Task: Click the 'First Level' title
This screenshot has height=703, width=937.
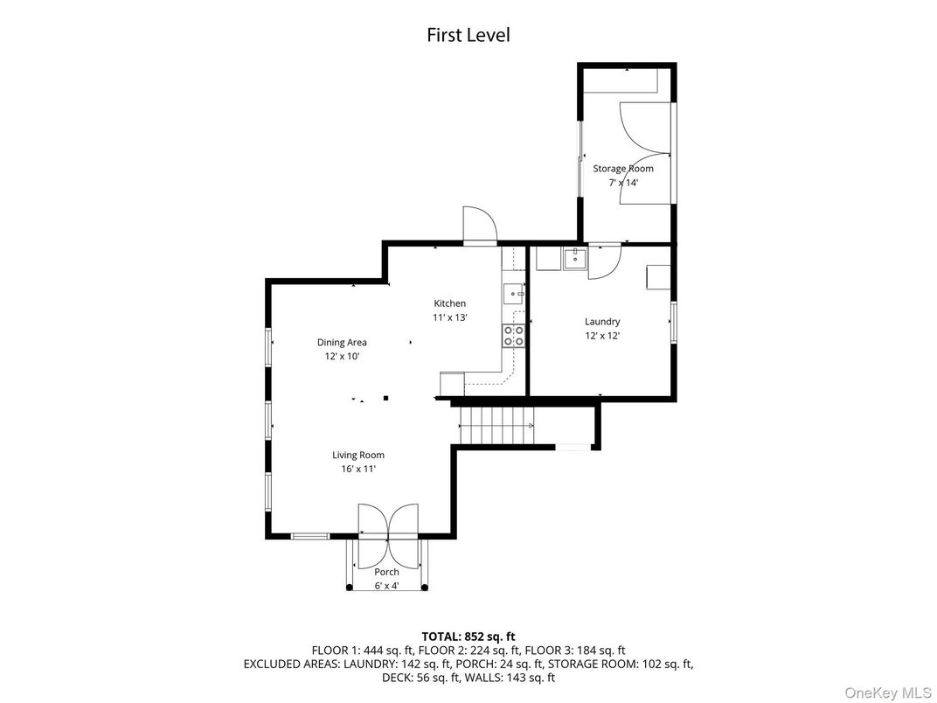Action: [x=468, y=35]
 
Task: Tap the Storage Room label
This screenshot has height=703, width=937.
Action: [x=623, y=169]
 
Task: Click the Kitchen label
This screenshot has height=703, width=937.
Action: [x=450, y=303]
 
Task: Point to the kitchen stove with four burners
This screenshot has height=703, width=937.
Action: [x=513, y=336]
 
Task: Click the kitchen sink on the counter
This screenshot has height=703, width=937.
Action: [x=514, y=293]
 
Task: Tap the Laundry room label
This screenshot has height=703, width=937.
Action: [x=602, y=321]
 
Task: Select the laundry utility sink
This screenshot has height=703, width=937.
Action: [x=575, y=258]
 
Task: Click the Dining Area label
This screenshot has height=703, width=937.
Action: [x=342, y=343]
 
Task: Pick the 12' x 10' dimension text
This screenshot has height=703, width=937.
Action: [x=342, y=357]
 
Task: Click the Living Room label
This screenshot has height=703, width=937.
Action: [x=357, y=455]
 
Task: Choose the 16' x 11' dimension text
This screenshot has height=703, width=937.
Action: [x=357, y=469]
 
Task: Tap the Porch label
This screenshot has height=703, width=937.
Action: [x=387, y=572]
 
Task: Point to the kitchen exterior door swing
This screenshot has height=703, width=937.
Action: [x=479, y=225]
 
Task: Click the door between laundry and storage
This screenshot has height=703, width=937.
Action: [x=604, y=261]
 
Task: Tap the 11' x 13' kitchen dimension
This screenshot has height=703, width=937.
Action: [x=450, y=317]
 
